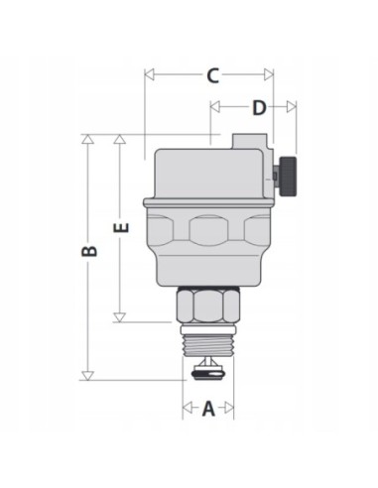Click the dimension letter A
[x=208, y=407]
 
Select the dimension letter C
[x=212, y=74]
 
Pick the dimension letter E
[x=120, y=227]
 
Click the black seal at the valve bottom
[x=208, y=374]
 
